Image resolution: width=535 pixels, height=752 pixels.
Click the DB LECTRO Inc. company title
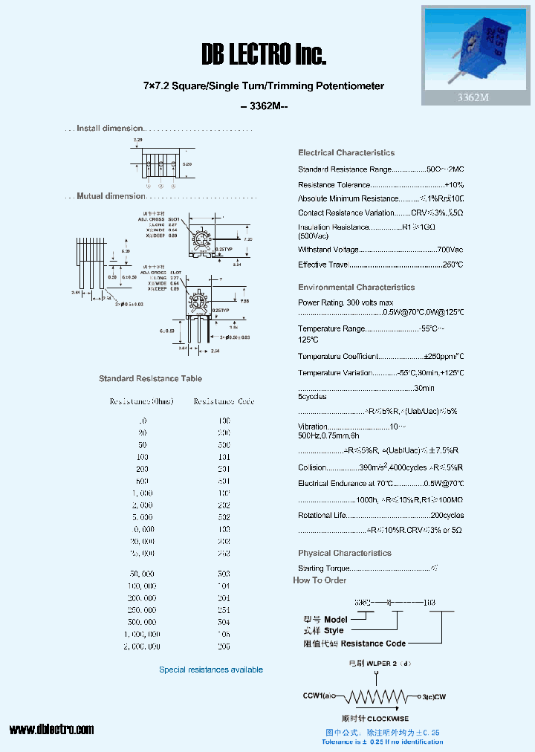coord(264,54)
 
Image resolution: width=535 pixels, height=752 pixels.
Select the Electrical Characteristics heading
coord(346,153)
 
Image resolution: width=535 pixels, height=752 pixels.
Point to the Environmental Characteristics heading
coord(357,288)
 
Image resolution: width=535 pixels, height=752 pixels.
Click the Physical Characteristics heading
coord(345,553)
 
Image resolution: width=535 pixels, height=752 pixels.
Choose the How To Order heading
coord(320,580)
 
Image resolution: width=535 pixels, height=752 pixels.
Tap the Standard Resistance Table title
coord(150,379)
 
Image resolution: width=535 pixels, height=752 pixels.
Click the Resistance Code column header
coord(224,401)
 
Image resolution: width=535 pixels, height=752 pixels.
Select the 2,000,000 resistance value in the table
coord(141,646)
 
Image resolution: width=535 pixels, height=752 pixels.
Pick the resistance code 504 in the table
coord(224,621)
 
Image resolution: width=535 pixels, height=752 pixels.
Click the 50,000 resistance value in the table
coord(141,574)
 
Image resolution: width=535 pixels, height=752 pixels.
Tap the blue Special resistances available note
coord(211,670)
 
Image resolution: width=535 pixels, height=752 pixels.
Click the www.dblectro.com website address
coord(51,729)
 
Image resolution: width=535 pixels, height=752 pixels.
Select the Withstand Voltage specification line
coord(380,250)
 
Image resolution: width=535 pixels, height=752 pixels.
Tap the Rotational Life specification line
coord(380,516)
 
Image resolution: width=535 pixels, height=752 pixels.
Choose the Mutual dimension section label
coord(111,196)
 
